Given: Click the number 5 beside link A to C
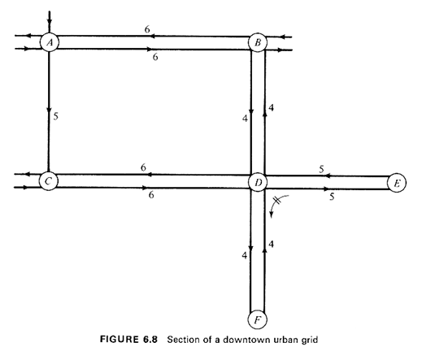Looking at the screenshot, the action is coord(56,116).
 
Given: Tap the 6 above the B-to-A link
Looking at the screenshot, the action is coord(147,28).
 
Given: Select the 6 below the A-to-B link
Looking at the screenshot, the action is coord(155,57).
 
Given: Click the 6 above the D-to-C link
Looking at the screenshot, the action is coord(143,167).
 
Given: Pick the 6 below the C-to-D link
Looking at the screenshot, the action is coord(151,195).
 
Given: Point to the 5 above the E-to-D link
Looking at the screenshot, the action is coord(321,169).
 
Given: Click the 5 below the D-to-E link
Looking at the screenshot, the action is coord(332,197).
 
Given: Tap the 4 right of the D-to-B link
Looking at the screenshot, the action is coord(272,107).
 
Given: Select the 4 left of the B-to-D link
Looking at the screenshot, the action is coord(245,119).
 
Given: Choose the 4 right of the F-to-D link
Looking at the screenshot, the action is coord(272,244).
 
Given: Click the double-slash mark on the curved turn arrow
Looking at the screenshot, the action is coord(277,200).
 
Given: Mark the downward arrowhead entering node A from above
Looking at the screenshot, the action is coord(50,22).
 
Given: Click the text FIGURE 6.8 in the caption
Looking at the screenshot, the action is coord(128,340).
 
